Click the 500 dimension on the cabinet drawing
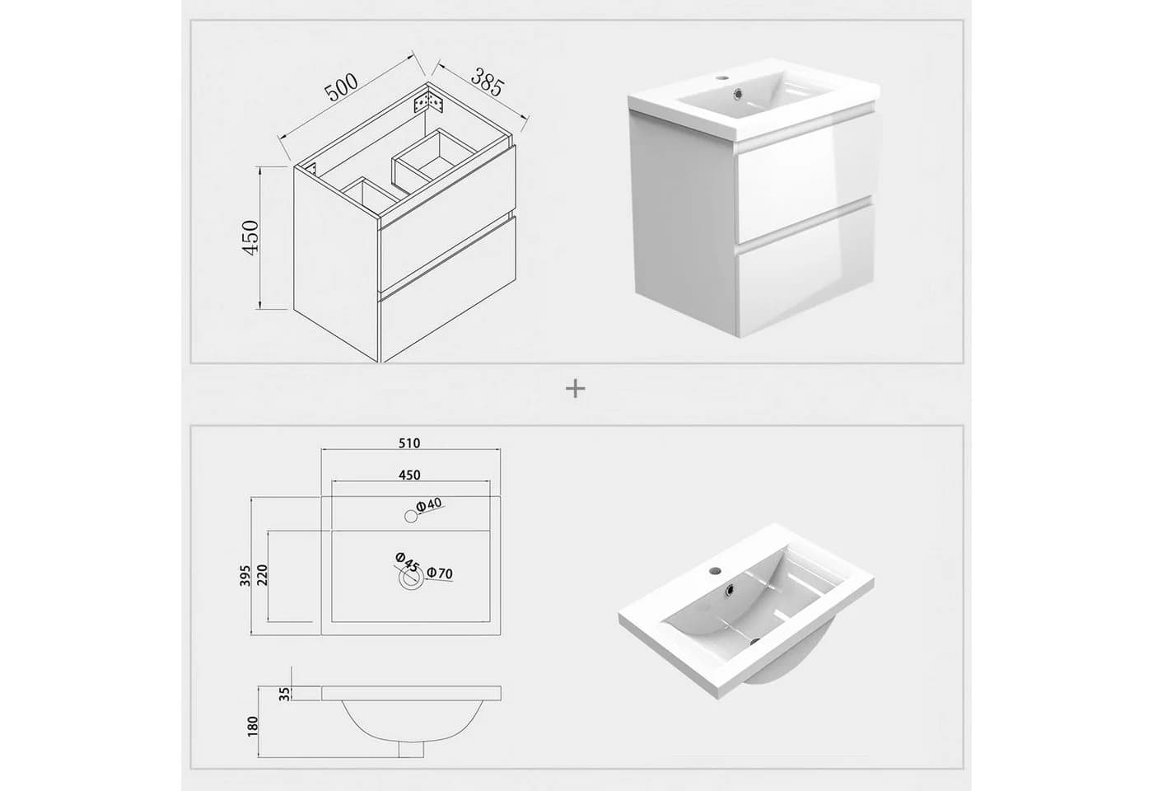click(341, 87)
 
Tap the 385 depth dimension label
click(486, 82)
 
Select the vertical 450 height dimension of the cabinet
click(251, 237)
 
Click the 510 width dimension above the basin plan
click(409, 443)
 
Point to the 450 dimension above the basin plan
click(409, 475)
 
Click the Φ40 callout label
click(429, 505)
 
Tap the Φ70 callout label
click(440, 573)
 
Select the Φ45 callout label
click(407, 562)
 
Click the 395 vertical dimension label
click(245, 575)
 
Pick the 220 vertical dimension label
click(262, 574)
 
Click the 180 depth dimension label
click(252, 726)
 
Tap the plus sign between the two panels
click(576, 389)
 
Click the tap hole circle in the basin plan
click(411, 516)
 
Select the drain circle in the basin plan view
click(410, 578)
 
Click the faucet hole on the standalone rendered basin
click(715, 570)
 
